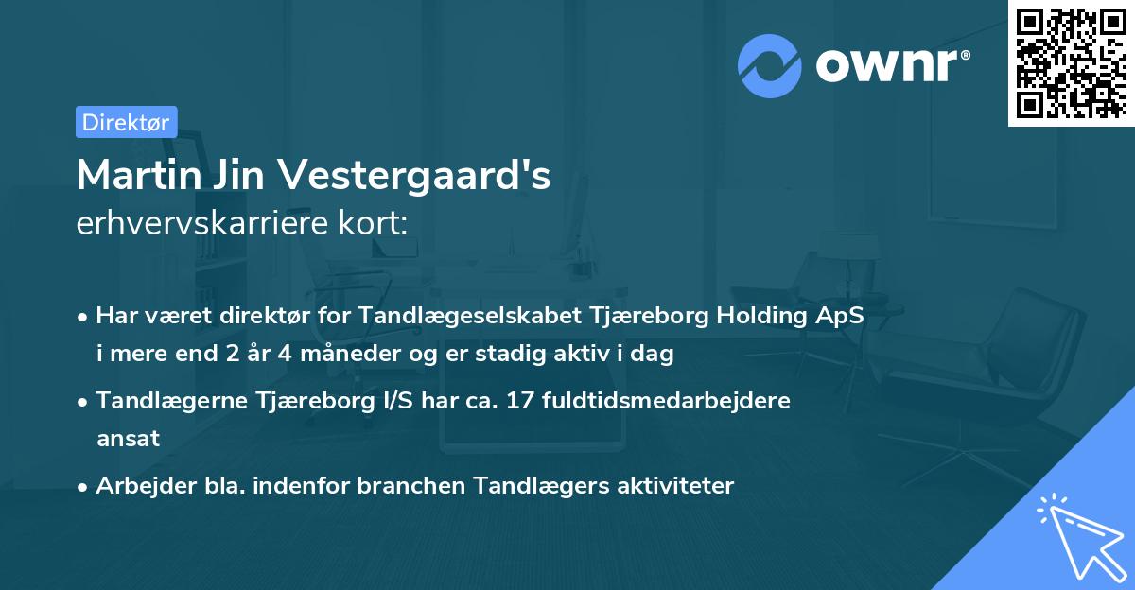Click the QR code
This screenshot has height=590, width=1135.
1071,62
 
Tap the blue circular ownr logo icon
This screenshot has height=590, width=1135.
770,66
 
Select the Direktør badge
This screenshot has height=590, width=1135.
126,122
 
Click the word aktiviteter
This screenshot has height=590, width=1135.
675,486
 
